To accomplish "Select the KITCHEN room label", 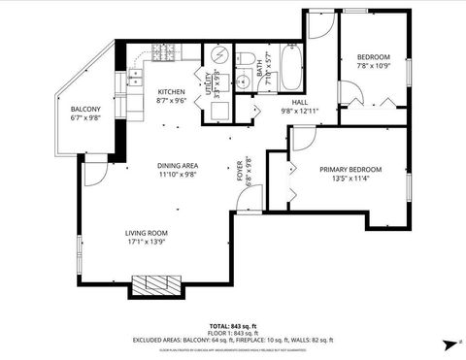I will pos(172,92).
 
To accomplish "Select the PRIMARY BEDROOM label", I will pos(350,169).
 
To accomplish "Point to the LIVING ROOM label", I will pos(146,232).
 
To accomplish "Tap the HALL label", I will pos(300,101).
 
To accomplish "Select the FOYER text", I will pos(240,174).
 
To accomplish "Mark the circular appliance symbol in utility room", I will pos(218,55).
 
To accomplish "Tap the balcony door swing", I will pos(93,173).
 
